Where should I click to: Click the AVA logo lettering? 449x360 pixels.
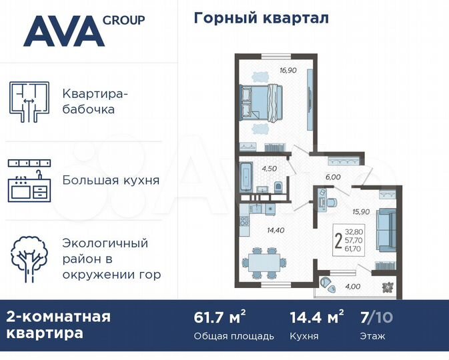click(63, 31)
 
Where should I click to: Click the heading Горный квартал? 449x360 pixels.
click(261, 18)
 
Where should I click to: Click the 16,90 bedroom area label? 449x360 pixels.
click(288, 69)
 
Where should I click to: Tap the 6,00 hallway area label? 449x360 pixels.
click(333, 177)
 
